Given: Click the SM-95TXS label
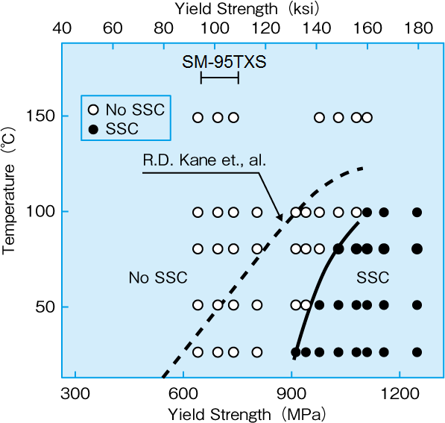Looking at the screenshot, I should point(224,63).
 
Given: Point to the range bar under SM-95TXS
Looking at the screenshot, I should point(220,78).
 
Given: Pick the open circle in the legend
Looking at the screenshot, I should point(93,110).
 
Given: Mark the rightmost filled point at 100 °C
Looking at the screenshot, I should point(417,213).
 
